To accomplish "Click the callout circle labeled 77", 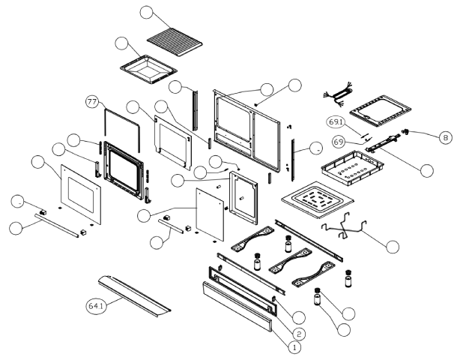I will click(93, 106).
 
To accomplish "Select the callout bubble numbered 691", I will click(336, 121).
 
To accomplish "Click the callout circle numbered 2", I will click(297, 333).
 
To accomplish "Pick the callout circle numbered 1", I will click(294, 347).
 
